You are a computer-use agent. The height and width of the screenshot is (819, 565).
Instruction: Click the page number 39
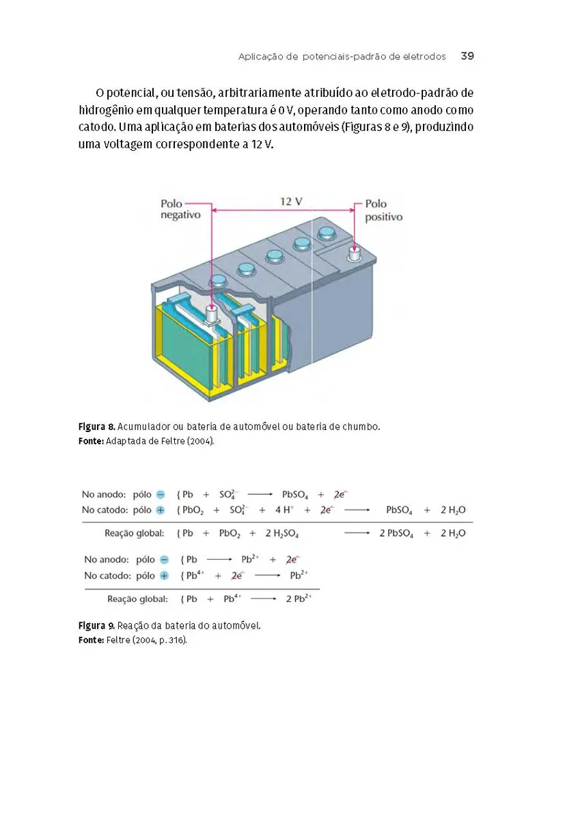[x=467, y=56]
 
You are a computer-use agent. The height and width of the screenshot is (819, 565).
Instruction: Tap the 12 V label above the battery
[x=290, y=201]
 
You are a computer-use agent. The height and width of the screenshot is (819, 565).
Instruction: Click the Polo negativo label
[x=180, y=210]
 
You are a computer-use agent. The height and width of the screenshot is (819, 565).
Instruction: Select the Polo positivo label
[x=383, y=210]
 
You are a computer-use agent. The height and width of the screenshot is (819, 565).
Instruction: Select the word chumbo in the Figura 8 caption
[x=358, y=427]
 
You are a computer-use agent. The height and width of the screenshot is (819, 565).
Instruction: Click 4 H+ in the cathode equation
[x=282, y=510]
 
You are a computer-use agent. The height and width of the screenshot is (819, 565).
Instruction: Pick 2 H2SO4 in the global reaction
[x=281, y=533]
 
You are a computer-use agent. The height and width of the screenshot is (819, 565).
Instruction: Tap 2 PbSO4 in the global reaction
[x=396, y=533]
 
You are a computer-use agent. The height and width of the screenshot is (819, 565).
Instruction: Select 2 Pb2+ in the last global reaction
[x=299, y=599]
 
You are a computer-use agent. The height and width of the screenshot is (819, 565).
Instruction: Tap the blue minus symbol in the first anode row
[x=161, y=494]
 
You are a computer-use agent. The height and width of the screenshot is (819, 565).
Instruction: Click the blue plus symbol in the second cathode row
[x=164, y=575]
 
